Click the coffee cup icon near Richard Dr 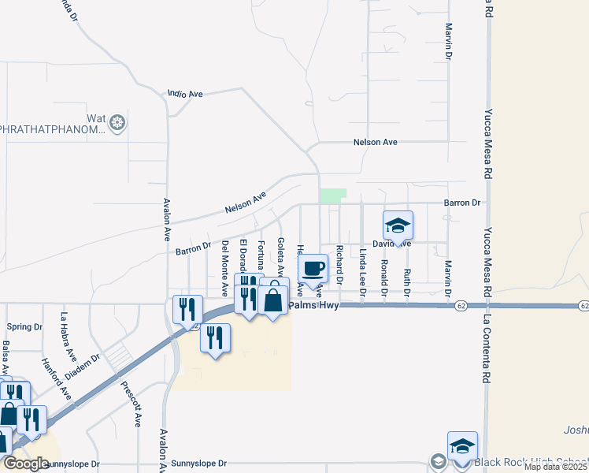coord(313,268)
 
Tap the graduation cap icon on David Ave coord(398,225)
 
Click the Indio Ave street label coord(186,94)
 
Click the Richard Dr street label coord(339,265)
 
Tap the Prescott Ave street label coord(129,404)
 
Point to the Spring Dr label coord(24,327)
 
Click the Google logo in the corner coord(25,464)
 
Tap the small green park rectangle coord(333,196)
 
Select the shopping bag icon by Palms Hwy coord(273,300)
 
